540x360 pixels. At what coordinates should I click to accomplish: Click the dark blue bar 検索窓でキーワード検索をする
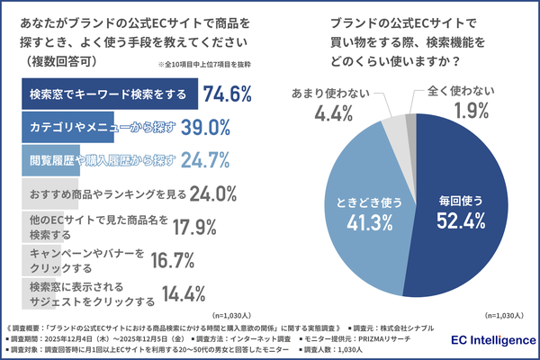tap(108, 94)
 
